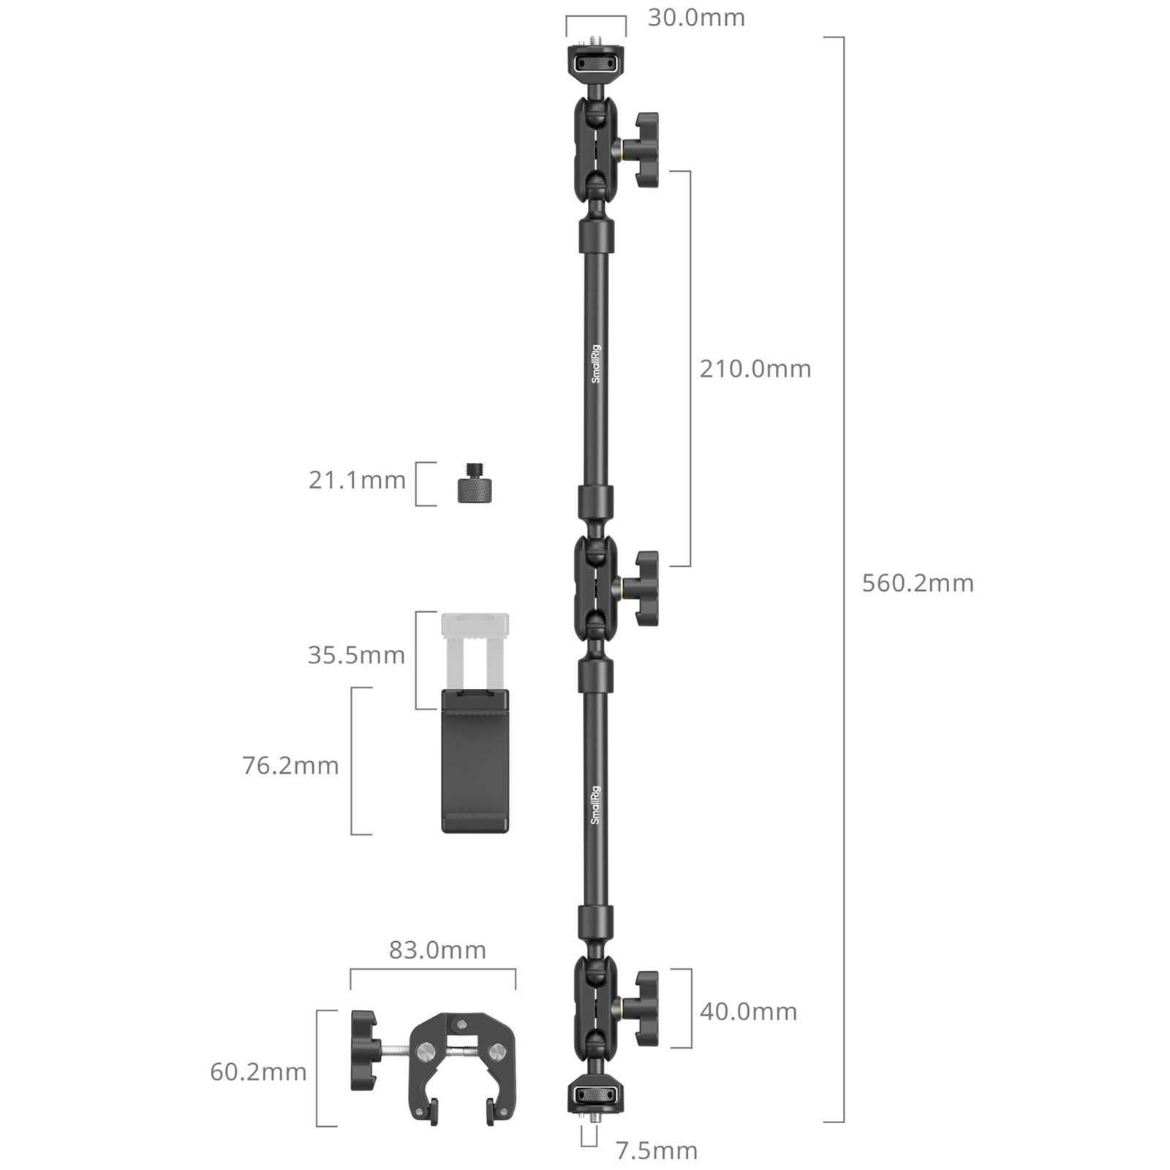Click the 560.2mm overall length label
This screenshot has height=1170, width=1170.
pos(918,583)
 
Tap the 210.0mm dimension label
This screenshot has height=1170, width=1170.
pos(755,369)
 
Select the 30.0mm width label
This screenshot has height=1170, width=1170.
pos(696,18)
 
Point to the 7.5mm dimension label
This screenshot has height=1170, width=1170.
pos(656,1150)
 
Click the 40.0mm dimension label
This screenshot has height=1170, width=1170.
pos(748,1011)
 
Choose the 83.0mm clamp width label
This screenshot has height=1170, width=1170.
pos(437,950)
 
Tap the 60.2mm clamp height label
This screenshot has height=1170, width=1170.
pos(258,1072)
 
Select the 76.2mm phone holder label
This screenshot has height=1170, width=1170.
pos(290,766)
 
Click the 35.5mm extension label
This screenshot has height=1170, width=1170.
pos(356,654)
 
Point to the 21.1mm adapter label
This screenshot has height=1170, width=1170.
pos(357,480)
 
